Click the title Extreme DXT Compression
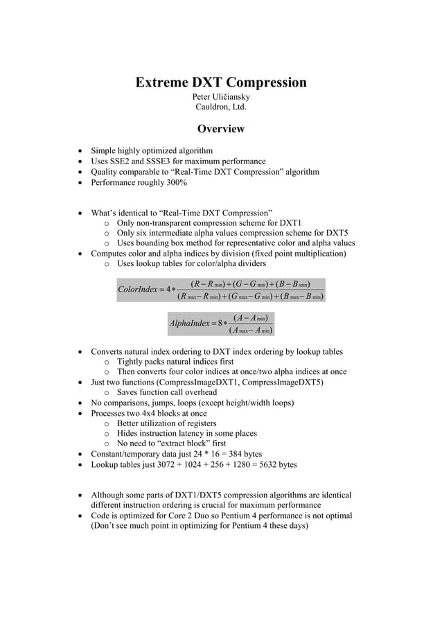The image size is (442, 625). point(220,83)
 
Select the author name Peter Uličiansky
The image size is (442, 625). point(220,97)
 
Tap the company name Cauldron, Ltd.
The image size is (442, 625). point(220,107)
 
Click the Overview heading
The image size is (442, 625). point(220,129)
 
